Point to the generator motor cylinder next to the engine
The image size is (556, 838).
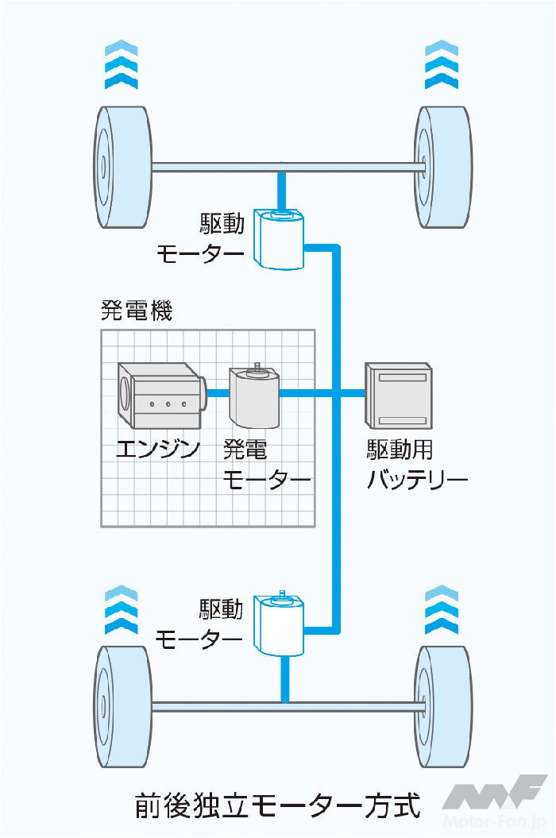(253, 397)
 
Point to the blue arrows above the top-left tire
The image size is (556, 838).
(121, 67)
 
